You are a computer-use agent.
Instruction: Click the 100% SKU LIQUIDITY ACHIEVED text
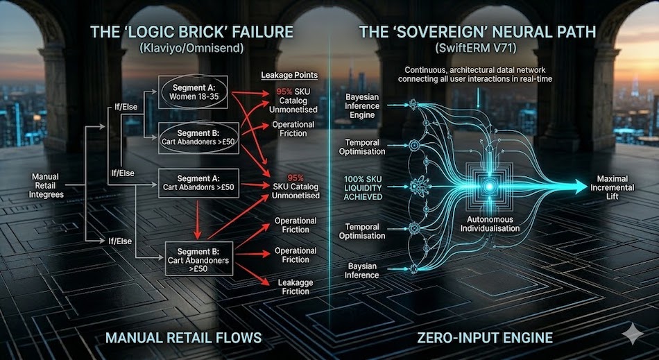363,187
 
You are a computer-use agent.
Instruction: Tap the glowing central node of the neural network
489,187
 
